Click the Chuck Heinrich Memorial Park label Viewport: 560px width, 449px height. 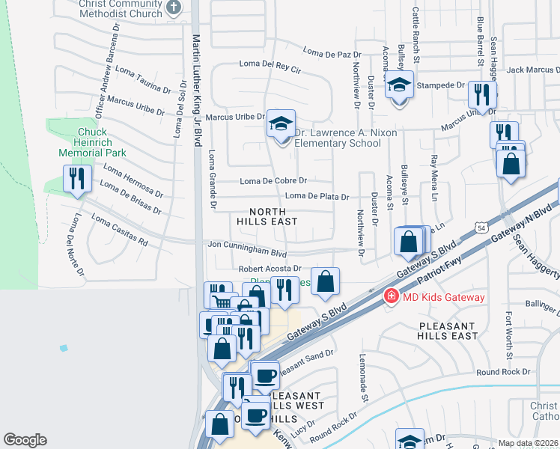coord(93,142)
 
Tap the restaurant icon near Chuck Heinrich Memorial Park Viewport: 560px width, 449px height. coord(76,179)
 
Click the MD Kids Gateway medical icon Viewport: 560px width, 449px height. coord(390,297)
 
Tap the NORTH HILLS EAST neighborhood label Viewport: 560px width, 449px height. coord(267,216)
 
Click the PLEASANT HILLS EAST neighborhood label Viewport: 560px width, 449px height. coord(448,332)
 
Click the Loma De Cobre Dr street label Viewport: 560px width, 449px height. coord(273,181)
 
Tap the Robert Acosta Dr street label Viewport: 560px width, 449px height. coord(270,269)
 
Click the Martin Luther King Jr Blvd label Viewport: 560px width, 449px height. coord(198,90)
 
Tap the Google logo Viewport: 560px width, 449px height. coord(25,440)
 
